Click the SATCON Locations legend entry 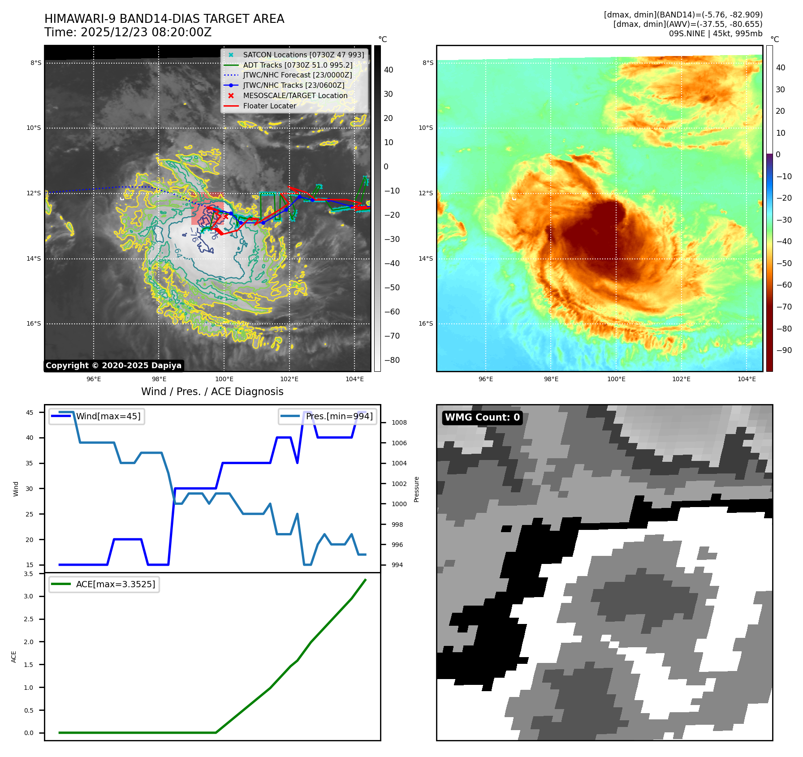(x=303, y=55)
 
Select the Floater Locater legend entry (x=269, y=106)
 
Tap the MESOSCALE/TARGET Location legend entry (x=295, y=95)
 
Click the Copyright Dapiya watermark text (x=113, y=366)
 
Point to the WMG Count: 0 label (x=482, y=417)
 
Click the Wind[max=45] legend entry (x=108, y=416)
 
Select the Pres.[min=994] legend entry (x=339, y=416)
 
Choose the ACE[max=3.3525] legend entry (x=115, y=584)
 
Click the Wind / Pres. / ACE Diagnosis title (x=212, y=391)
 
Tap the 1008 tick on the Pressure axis (x=399, y=422)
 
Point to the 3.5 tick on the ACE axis (x=28, y=574)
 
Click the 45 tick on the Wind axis (x=30, y=413)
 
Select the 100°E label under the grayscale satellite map (x=224, y=379)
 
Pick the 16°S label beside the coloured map (x=426, y=323)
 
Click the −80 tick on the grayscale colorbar (x=392, y=360)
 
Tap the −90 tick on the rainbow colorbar (x=784, y=350)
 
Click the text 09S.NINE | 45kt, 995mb (x=715, y=34)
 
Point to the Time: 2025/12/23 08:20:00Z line (x=128, y=32)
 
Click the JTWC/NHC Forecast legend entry (x=297, y=75)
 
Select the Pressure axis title (x=416, y=489)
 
